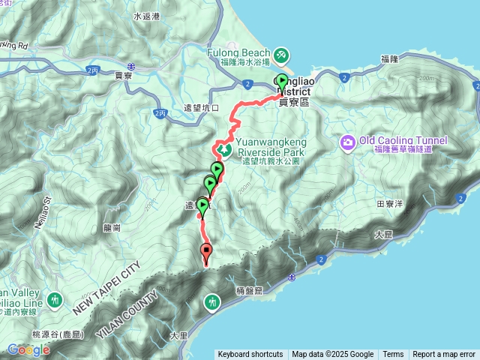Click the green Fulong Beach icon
click(x=280, y=55)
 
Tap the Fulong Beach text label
click(x=239, y=54)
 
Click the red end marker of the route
click(x=206, y=252)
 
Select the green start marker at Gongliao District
click(x=282, y=82)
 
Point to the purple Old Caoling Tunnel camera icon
click(x=348, y=142)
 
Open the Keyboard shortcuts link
click(x=250, y=355)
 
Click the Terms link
click(x=393, y=355)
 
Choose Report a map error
click(x=444, y=355)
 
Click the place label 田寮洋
click(x=389, y=203)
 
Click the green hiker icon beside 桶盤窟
click(x=212, y=302)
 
